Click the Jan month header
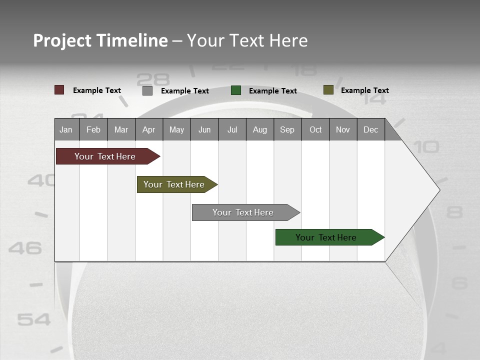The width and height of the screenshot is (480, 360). (x=66, y=129)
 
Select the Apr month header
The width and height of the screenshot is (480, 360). (x=148, y=129)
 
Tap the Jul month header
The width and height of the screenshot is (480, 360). (x=232, y=129)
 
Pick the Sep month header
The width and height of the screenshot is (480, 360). (x=287, y=129)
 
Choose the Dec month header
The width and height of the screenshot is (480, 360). (x=370, y=129)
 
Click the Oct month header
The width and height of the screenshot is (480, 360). (x=315, y=129)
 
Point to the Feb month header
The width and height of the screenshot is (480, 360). (x=93, y=129)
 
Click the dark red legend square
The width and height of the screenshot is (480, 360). (x=59, y=90)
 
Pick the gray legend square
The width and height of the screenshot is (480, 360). (x=147, y=90)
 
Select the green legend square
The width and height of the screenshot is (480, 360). (x=236, y=90)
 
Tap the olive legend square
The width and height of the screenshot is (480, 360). (x=328, y=90)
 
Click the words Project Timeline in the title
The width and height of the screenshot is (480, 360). (x=100, y=40)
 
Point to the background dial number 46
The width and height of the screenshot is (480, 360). (x=25, y=247)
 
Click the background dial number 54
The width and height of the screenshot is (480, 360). (x=34, y=319)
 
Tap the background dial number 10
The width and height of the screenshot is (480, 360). (x=426, y=147)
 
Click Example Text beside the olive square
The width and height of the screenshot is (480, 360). (x=364, y=90)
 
